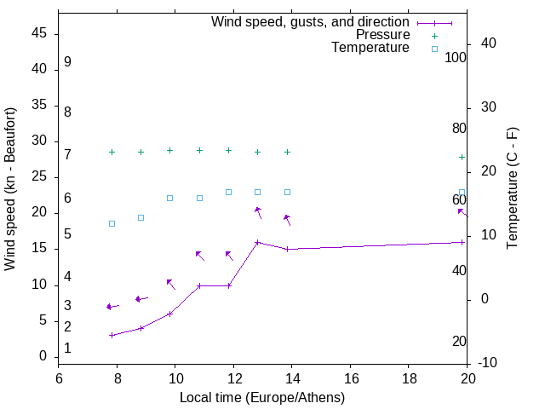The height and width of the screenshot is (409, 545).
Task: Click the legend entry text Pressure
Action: [x=382, y=35]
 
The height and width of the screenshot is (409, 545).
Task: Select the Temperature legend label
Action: [x=370, y=48]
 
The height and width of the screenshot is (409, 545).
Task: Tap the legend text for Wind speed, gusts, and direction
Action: [x=310, y=22]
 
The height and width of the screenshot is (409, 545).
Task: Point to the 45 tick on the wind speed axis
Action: [x=39, y=33]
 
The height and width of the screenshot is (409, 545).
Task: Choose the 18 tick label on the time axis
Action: [x=410, y=379]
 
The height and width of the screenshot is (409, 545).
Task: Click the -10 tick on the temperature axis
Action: [x=490, y=363]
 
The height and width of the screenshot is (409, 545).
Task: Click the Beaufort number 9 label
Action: [x=67, y=62]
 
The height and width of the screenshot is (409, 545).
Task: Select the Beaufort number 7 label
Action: [x=67, y=154]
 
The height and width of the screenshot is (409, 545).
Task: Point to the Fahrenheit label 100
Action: [x=456, y=58]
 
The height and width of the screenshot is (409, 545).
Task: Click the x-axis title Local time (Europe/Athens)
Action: [x=262, y=397]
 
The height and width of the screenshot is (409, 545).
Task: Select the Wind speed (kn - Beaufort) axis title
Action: [x=10, y=189]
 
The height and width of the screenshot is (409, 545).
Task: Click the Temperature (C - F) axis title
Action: [x=512, y=189]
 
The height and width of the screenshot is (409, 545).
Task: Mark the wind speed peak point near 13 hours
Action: [x=258, y=242]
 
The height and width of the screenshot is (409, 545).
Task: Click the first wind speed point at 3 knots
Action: [x=112, y=335]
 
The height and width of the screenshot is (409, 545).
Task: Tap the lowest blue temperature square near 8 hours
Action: [x=112, y=223]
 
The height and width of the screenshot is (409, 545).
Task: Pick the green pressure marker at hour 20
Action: [x=462, y=157]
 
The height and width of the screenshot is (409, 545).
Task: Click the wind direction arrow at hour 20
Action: [x=462, y=211]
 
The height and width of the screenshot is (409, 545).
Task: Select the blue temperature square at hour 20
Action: [x=462, y=193]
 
